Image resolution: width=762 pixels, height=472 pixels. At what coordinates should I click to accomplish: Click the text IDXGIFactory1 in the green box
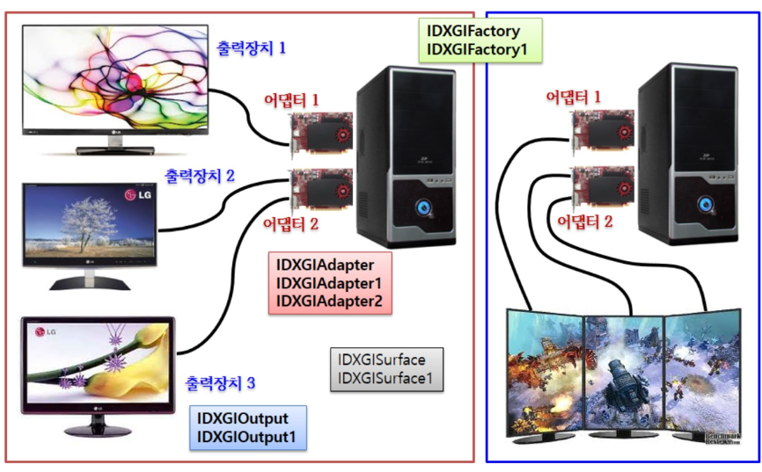[x=477, y=49]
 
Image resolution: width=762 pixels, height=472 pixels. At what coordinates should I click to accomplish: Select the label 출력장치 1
[x=251, y=48]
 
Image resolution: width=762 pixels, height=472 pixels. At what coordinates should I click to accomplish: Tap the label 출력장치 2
[x=200, y=176]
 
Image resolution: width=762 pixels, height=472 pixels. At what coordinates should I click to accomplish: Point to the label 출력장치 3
[x=220, y=383]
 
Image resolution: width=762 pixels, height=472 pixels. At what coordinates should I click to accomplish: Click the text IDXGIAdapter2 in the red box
[x=329, y=301]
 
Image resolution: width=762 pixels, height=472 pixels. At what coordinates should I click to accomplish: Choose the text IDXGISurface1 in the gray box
[x=385, y=378]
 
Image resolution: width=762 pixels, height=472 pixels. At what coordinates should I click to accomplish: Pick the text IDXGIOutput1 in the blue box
[x=245, y=437]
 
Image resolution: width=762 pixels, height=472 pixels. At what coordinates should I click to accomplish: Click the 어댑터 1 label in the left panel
[x=291, y=100]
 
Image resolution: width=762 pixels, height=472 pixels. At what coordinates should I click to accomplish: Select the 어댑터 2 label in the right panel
[x=584, y=221]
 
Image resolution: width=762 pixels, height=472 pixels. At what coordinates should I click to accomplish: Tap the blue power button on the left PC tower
[x=424, y=207]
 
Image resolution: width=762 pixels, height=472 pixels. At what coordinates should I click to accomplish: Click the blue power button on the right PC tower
[x=705, y=203]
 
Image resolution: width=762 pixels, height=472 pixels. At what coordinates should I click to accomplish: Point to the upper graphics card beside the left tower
[x=321, y=133]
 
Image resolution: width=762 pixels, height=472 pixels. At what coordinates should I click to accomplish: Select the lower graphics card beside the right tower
[x=603, y=187]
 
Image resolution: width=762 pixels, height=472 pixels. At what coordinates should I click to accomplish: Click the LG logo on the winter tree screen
[x=138, y=195]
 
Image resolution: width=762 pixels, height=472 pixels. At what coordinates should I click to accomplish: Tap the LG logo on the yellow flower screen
[x=46, y=332]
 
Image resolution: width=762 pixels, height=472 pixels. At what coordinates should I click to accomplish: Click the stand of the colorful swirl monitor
[x=115, y=146]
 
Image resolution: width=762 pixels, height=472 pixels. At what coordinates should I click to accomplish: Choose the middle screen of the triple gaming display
[x=625, y=374]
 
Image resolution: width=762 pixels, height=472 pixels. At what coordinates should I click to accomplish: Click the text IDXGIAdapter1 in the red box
[x=329, y=283]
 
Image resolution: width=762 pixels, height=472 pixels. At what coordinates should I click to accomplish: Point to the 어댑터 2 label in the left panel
[x=290, y=224]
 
